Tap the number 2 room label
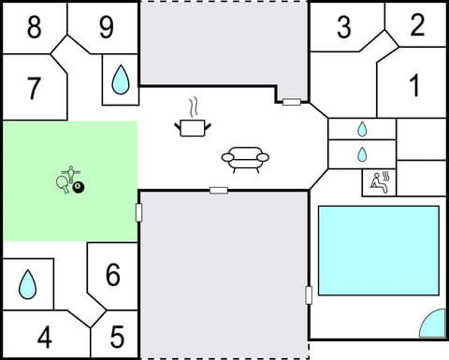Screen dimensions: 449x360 416,24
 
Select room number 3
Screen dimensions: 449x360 343,28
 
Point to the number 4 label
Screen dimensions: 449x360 44,337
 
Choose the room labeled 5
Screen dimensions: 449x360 117,336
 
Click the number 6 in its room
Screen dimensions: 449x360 112,276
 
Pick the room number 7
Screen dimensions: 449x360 34,89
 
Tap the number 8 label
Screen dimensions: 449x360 34,27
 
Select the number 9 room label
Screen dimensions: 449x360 106,27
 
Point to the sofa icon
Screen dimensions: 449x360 245,159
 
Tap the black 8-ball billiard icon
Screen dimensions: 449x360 79,189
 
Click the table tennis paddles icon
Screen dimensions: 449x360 65,180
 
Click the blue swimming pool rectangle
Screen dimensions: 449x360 378,251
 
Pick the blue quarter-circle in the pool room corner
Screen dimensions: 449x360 433,324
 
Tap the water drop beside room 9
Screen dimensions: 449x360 121,79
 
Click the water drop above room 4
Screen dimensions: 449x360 27,283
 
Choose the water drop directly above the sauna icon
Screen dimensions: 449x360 362,152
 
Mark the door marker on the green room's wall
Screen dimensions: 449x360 139,212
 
